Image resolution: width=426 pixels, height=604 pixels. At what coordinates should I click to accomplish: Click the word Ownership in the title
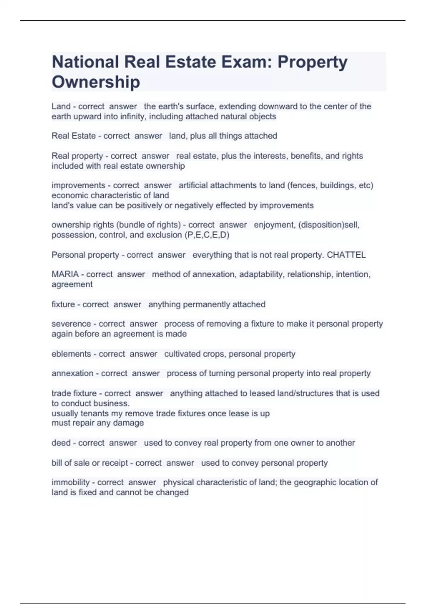[96, 82]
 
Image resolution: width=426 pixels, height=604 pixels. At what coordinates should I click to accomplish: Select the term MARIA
[65, 274]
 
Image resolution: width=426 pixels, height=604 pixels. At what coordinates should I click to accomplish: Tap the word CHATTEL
[346, 255]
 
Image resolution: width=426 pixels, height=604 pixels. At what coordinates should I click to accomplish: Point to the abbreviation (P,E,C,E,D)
[207, 235]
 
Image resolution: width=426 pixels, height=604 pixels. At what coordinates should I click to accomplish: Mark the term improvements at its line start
[78, 185]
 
